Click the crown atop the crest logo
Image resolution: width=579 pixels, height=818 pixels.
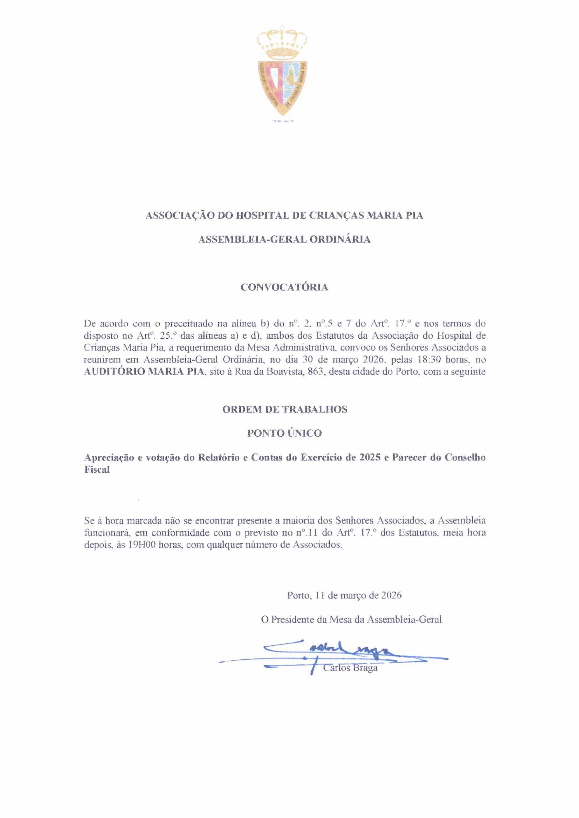tap(282, 43)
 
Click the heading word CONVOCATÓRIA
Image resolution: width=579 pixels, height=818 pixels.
tap(284, 287)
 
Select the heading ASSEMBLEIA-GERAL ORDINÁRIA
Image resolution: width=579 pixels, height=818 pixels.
tap(284, 239)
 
